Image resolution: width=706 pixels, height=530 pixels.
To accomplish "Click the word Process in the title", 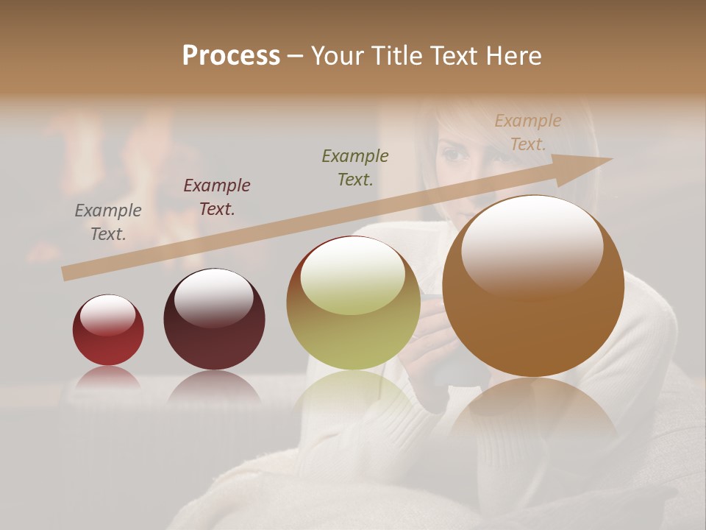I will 231,56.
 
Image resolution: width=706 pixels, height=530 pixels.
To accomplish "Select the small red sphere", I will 108,331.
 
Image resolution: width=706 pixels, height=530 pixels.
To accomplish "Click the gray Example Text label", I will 108,222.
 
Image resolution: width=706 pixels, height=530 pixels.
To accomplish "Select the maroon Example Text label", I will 217,197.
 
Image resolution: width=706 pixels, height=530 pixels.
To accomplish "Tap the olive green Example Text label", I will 355,167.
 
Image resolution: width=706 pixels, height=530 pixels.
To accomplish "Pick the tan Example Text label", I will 528,132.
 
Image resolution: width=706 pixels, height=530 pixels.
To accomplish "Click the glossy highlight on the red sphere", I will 107,315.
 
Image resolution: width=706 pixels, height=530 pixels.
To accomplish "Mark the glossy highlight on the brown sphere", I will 532,249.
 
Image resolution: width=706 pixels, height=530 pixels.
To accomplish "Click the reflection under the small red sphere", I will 108,377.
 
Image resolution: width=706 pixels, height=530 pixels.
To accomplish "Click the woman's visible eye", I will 454,155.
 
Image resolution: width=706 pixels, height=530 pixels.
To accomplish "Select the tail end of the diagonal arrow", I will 66,274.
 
